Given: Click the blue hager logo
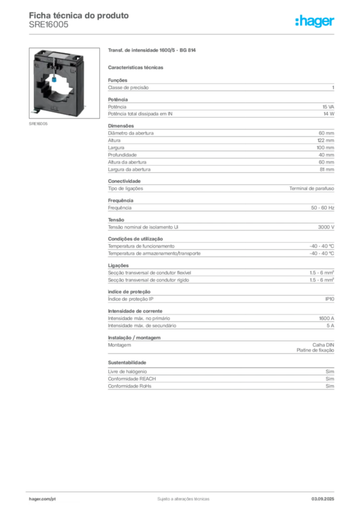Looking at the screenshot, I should (315, 21).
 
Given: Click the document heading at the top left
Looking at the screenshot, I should (80, 16).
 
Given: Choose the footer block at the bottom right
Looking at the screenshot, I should (323, 496).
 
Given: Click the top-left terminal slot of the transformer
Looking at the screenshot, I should (41, 52).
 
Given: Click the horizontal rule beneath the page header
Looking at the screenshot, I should (183, 34).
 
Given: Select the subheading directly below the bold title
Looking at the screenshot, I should (137, 66).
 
